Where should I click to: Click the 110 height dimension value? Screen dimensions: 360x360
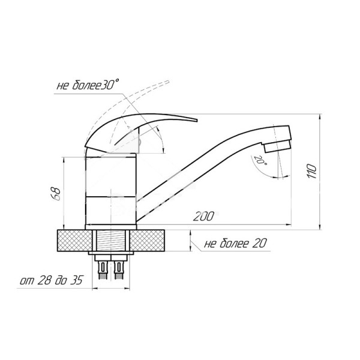point(312,171)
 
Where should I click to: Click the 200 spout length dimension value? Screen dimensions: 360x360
point(203,216)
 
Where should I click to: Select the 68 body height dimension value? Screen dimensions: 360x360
point(56,194)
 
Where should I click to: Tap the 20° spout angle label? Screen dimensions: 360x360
point(260,160)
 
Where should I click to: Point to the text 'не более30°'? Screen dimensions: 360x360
point(88,85)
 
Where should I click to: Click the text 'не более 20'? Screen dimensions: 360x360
point(235,243)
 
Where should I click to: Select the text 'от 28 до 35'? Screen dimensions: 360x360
point(51,280)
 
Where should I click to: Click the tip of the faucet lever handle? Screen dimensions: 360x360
point(197,121)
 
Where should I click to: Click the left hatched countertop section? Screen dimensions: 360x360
point(75,241)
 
